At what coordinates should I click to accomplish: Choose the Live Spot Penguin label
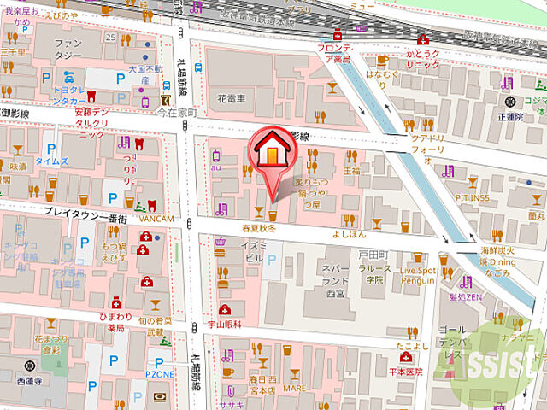coord(419,275)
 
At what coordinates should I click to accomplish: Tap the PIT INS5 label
coord(472,197)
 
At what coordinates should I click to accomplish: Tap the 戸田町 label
coord(374,255)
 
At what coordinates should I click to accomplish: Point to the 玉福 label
coord(351,171)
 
